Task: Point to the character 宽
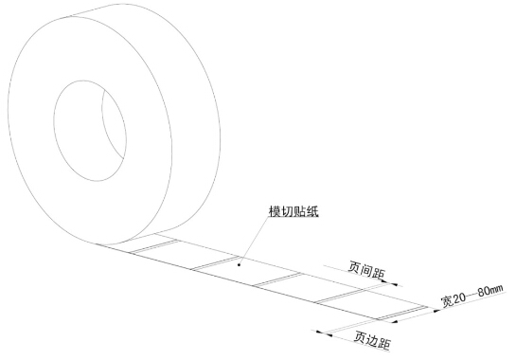pos(446,299)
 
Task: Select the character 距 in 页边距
pos(385,338)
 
